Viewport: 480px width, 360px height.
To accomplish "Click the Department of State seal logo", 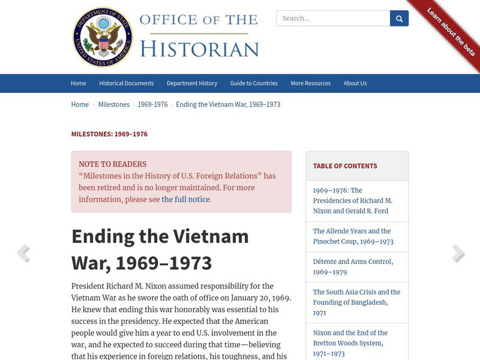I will point(103,37).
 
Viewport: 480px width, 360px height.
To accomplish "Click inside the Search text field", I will point(333,19).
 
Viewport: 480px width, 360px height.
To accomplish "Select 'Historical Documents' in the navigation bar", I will point(126,83).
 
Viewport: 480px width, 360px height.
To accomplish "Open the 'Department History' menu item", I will point(192,83).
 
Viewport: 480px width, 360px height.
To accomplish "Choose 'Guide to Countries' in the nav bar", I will point(254,83).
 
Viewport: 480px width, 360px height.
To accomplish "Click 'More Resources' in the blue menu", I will point(310,83).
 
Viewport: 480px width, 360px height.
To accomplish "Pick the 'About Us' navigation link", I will point(355,83).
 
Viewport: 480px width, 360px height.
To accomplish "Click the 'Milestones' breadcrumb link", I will point(114,104).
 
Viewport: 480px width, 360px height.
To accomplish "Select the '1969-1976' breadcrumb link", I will point(152,104).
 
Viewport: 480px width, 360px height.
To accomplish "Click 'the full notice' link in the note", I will point(185,199).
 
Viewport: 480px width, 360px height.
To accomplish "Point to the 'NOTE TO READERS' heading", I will point(112,164).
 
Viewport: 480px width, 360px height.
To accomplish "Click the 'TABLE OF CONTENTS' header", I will point(345,166).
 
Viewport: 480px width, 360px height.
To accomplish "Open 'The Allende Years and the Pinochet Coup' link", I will point(353,236).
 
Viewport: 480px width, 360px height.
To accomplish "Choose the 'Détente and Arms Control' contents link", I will point(353,266).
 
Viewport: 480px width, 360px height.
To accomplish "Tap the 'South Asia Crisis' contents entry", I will point(356,302).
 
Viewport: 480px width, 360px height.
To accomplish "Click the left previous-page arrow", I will point(23,253).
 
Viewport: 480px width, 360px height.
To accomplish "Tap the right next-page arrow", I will point(458,253).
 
